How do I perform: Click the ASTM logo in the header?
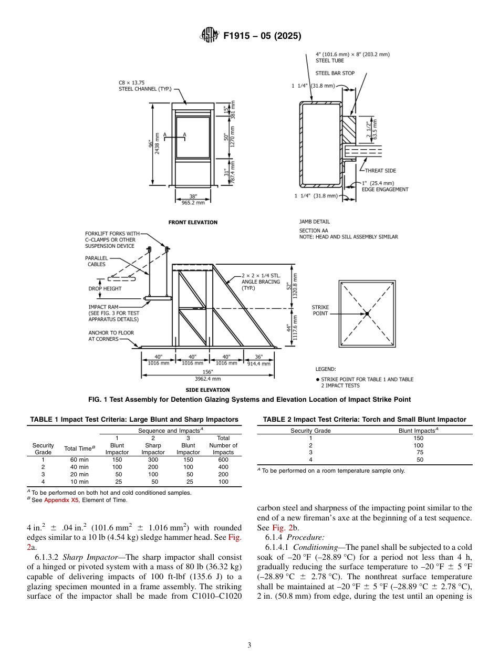click(210, 36)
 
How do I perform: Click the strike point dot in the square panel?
click(368, 314)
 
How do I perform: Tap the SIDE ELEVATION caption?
click(207, 390)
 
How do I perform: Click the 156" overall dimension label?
click(208, 371)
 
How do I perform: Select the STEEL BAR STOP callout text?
click(335, 74)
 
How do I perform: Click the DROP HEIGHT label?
click(105, 288)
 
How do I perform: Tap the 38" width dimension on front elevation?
click(193, 196)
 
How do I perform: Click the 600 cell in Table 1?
click(223, 460)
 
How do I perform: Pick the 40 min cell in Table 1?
click(79, 467)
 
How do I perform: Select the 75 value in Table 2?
click(418, 452)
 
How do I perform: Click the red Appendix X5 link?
click(63, 500)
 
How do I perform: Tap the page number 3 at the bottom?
click(249, 645)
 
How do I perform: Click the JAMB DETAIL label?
click(315, 222)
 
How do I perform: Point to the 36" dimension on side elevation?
click(258, 357)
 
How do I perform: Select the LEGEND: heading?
click(326, 369)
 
